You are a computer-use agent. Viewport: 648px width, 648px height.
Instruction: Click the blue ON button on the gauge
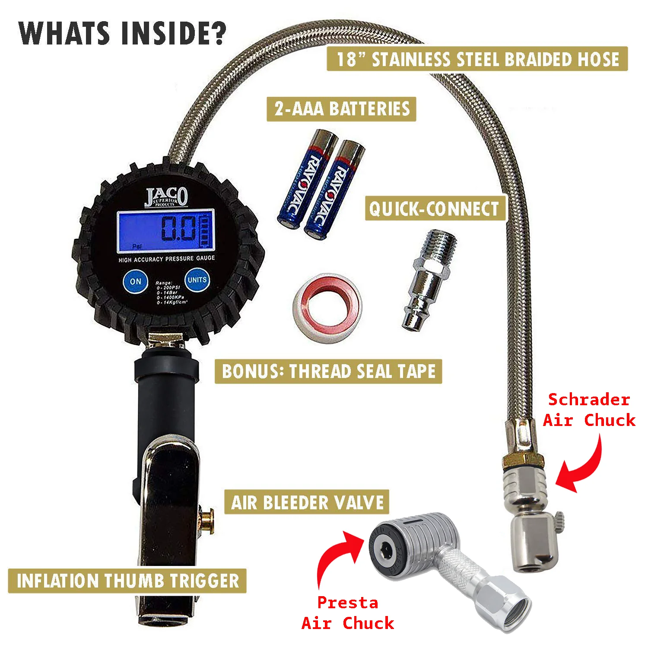[136, 281]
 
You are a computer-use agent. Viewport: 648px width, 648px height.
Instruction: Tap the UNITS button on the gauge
[197, 280]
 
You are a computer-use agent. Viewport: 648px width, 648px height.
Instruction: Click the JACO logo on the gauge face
[166, 197]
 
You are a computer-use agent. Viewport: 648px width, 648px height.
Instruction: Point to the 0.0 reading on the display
[178, 229]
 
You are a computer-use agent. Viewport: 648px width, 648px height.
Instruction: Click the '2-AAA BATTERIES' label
[341, 109]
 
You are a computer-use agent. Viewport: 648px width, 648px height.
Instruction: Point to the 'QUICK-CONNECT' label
[434, 209]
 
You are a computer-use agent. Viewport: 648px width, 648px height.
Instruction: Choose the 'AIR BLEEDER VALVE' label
[307, 502]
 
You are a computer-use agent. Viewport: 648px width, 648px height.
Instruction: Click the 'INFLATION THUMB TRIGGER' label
[127, 581]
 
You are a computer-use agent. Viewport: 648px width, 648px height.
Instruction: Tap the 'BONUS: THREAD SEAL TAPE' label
[328, 371]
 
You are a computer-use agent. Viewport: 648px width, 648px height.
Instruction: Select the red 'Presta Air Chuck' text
[348, 613]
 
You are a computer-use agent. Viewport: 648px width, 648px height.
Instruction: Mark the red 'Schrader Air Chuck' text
[589, 410]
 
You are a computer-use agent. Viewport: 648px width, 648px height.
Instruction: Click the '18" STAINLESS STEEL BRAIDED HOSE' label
[477, 59]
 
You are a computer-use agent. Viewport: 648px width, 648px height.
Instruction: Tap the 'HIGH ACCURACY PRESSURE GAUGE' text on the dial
[167, 259]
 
